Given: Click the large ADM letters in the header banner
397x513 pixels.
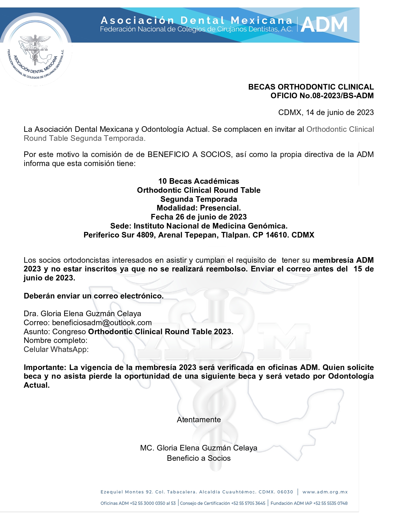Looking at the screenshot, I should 324,25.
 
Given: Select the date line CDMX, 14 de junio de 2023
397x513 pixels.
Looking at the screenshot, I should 326,113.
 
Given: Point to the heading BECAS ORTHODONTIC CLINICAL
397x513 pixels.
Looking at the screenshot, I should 311,87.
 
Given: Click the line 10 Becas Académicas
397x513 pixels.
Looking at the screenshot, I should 199,181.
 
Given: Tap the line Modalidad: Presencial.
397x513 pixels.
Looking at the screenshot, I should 199,208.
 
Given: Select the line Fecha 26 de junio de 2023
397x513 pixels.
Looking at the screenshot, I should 199,217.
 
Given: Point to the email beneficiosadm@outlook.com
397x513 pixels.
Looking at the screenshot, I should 102,323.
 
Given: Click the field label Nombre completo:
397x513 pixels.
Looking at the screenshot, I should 55,340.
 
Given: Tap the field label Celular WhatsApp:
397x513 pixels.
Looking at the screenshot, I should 56,349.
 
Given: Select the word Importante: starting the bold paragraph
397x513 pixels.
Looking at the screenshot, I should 45,367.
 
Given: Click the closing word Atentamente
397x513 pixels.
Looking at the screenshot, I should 199,420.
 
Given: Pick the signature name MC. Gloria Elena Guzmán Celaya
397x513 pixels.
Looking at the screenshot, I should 199,448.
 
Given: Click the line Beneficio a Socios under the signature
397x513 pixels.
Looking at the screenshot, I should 199,458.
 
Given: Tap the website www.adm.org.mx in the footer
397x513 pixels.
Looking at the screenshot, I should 325,492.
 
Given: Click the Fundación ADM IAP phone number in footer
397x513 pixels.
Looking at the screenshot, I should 330,503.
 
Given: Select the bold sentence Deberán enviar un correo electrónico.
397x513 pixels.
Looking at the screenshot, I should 93,296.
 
